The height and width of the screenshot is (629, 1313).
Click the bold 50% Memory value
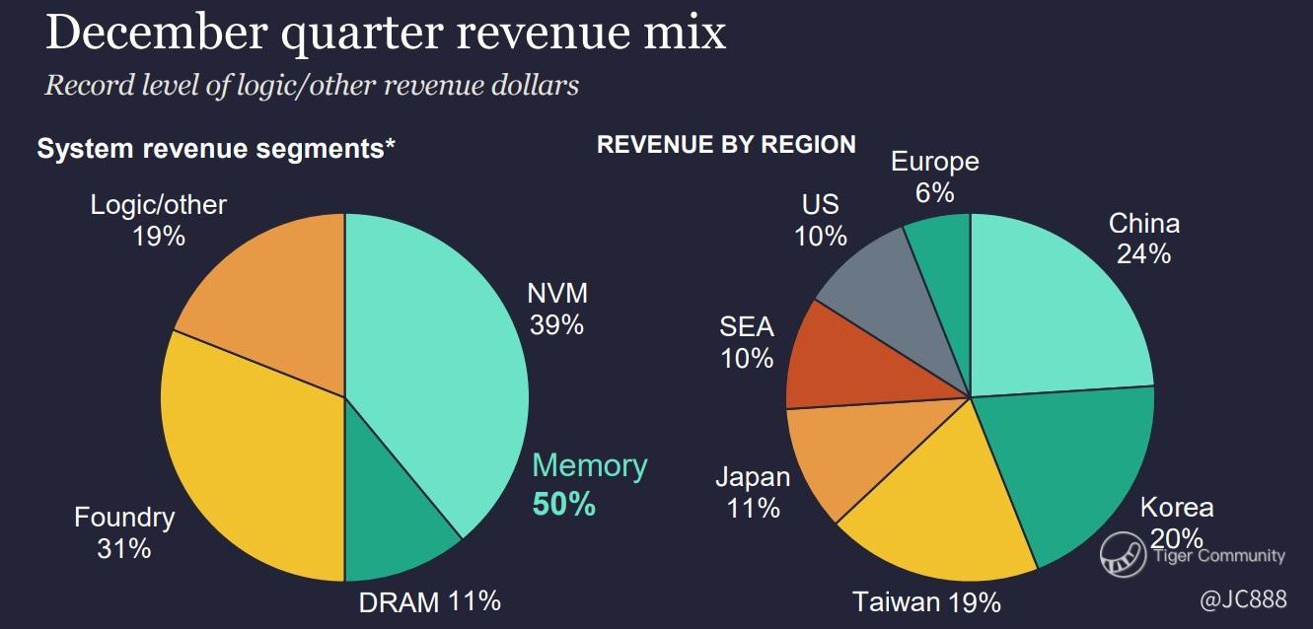(x=563, y=505)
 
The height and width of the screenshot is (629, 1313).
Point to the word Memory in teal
(x=590, y=466)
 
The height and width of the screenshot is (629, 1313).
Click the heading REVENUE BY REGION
(x=726, y=145)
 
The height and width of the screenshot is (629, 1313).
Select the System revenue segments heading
(x=216, y=149)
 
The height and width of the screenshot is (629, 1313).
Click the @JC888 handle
(x=1243, y=599)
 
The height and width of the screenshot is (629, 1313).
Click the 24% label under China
(x=1143, y=254)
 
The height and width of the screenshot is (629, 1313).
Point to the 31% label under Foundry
(x=123, y=548)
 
